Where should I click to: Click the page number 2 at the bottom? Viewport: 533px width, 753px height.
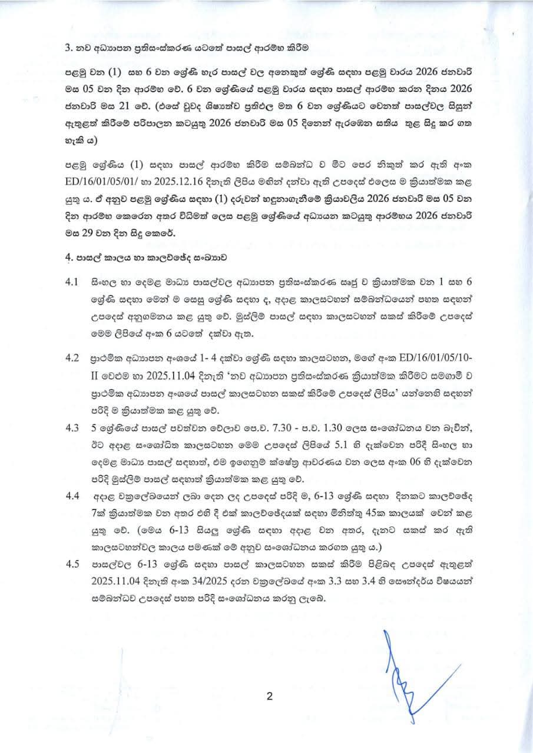click(269, 698)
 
